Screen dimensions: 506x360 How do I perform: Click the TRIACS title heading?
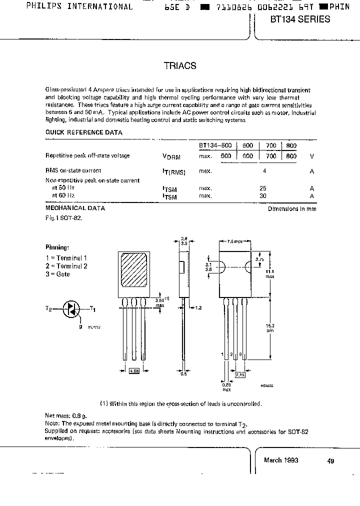180,65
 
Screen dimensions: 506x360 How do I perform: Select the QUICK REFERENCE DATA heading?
84,132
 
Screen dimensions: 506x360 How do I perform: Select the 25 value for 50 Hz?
263,188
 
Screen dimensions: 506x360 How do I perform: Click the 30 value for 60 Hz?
263,196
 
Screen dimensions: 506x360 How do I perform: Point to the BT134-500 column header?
215,145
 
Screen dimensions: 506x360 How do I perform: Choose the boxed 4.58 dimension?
134,371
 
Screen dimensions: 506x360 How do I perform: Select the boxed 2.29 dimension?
240,373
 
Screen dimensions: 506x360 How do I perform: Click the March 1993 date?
281,460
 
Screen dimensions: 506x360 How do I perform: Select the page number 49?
331,461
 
